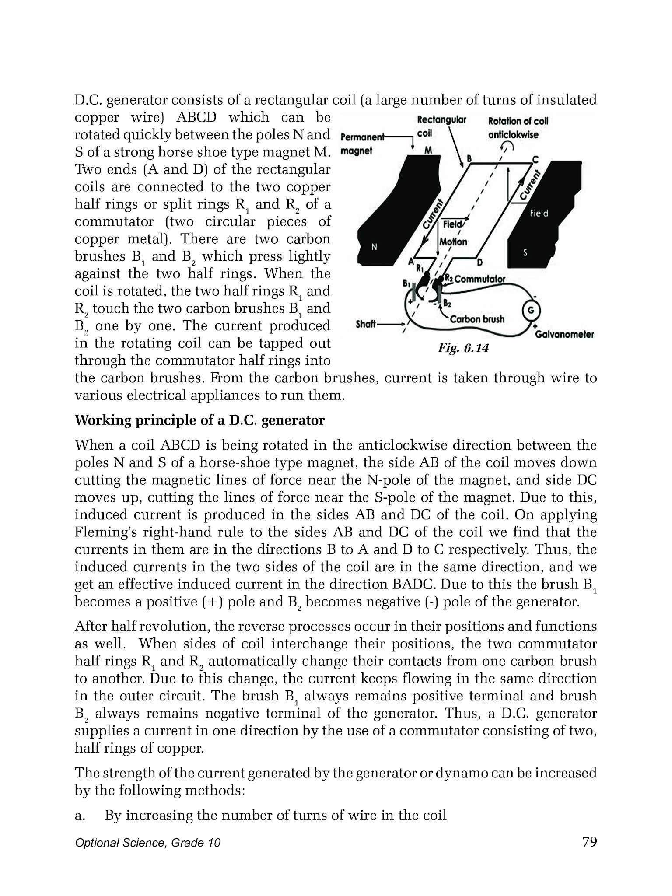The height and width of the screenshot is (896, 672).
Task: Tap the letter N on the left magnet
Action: (374, 247)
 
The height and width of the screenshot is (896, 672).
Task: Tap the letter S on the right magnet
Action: (525, 253)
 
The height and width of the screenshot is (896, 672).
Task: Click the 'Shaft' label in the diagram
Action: (366, 325)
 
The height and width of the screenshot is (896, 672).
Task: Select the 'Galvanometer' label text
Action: (564, 335)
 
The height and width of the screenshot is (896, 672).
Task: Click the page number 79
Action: (589, 842)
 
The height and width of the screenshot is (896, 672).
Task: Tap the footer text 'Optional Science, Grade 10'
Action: (148, 843)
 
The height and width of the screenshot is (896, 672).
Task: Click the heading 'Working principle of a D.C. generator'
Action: (199, 420)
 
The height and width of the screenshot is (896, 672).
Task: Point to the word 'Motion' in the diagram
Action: (453, 241)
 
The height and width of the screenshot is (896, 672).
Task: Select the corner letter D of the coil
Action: (479, 262)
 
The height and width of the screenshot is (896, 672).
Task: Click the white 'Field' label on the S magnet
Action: (539, 213)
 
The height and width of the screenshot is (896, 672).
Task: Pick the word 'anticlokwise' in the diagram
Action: (513, 135)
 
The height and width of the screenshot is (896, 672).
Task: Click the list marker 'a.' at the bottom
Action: (80, 815)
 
